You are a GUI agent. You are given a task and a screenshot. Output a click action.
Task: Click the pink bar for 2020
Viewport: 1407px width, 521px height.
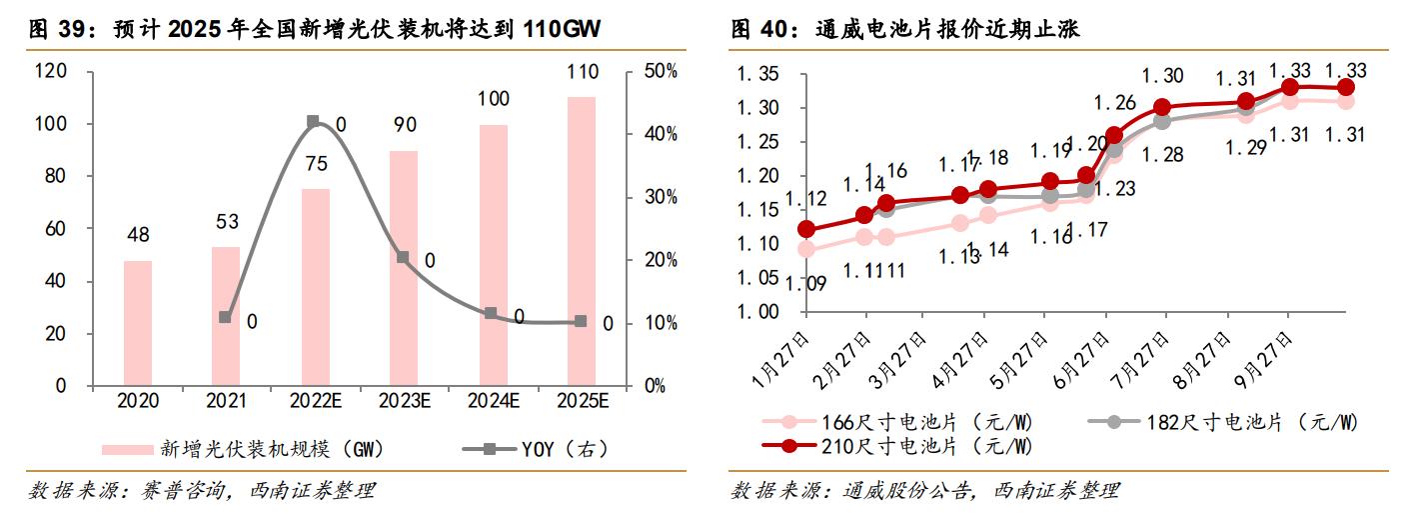pyautogui.click(x=138, y=323)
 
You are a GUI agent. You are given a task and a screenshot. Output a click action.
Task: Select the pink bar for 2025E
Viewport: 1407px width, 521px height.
pyautogui.click(x=582, y=241)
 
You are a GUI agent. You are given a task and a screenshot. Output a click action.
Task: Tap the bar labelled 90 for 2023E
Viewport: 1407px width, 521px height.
pyautogui.click(x=404, y=268)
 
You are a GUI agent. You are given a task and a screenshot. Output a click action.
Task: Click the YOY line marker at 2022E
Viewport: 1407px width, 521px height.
pyautogui.click(x=313, y=121)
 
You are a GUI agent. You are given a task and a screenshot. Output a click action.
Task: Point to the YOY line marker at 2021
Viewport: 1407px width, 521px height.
pyautogui.click(x=225, y=317)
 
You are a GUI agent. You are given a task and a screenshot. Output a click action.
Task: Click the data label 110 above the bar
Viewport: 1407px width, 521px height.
pyautogui.click(x=582, y=72)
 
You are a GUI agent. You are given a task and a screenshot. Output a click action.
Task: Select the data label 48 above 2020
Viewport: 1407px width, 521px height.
pyautogui.click(x=138, y=236)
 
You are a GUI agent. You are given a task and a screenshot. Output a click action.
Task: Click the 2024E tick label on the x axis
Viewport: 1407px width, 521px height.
pyautogui.click(x=493, y=401)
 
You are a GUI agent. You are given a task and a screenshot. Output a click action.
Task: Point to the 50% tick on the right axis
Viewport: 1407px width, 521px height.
pyautogui.click(x=661, y=71)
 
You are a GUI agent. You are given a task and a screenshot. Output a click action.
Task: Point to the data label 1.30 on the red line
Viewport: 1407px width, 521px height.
pyautogui.click(x=1162, y=76)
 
